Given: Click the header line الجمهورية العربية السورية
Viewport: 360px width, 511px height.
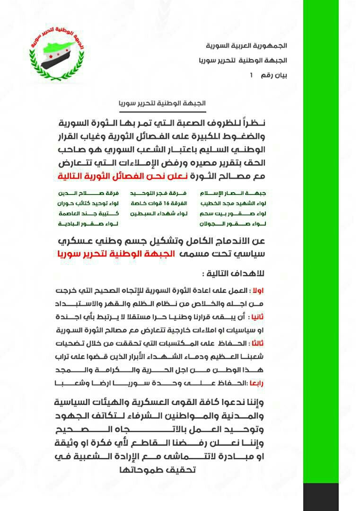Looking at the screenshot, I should tap(246, 46).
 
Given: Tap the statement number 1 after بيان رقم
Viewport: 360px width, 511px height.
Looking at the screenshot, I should tap(251, 75).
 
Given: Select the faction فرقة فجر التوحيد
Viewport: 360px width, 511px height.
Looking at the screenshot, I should tap(164, 193).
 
